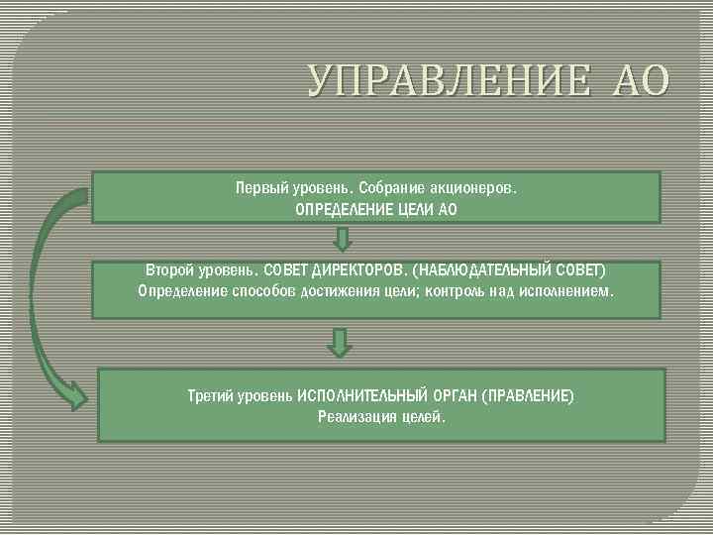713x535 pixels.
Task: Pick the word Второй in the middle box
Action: [171, 269]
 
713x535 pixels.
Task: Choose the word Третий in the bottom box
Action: [214, 395]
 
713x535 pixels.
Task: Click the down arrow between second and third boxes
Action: [340, 343]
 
